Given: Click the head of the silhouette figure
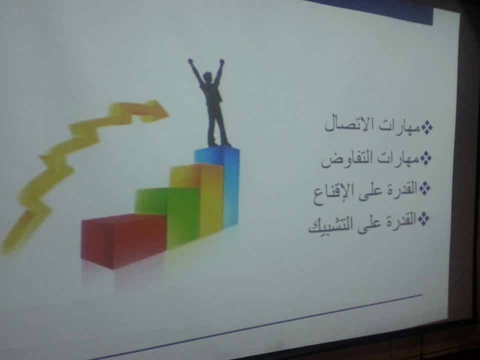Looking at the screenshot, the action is pyautogui.click(x=207, y=76).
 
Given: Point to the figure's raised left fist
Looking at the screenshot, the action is pyautogui.click(x=190, y=60).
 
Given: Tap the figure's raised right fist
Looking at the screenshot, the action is pyautogui.click(x=221, y=61).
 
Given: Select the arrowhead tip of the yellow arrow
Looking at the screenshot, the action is pyautogui.click(x=168, y=115).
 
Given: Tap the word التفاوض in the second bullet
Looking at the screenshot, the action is pyautogui.click(x=347, y=159).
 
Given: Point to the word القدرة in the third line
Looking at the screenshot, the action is pyautogui.click(x=401, y=188).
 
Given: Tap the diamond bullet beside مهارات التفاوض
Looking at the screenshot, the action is pyautogui.click(x=425, y=158).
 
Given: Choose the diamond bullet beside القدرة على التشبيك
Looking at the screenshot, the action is pyautogui.click(x=423, y=218).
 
